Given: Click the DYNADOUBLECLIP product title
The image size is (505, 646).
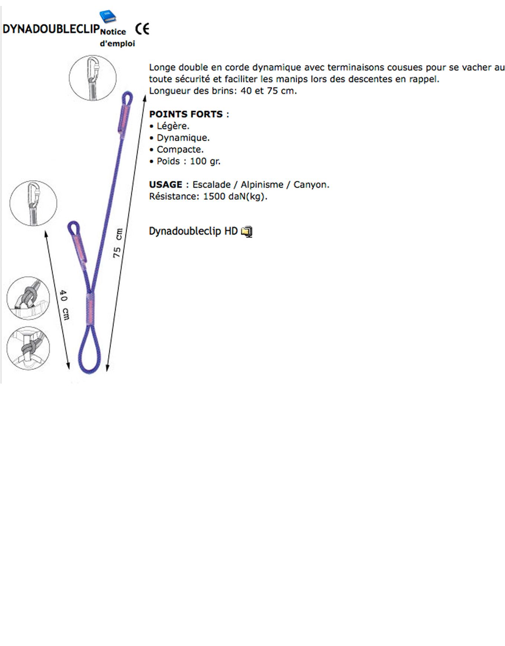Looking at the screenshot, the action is pyautogui.click(x=51, y=29).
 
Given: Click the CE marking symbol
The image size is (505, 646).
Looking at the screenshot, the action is pyautogui.click(x=142, y=29).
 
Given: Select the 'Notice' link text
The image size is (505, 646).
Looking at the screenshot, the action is pyautogui.click(x=113, y=32).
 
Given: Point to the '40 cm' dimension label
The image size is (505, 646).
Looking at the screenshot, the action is pyautogui.click(x=64, y=305).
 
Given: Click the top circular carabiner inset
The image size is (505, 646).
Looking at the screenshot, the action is pyautogui.click(x=93, y=78).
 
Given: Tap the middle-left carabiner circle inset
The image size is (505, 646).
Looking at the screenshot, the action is pyautogui.click(x=33, y=203).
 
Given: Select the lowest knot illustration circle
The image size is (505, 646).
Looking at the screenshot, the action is pyautogui.click(x=28, y=348).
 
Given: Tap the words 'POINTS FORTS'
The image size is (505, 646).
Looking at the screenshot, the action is pyautogui.click(x=186, y=114).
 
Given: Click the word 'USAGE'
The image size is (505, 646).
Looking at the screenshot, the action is pyautogui.click(x=166, y=185).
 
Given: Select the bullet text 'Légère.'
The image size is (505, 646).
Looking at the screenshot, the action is pyautogui.click(x=173, y=126).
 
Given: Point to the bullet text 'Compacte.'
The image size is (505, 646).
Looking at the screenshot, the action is pyautogui.click(x=180, y=150).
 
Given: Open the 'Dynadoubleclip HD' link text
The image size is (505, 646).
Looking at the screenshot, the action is pyautogui.click(x=193, y=231).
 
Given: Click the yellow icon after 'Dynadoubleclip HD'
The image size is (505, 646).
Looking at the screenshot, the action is pyautogui.click(x=247, y=232).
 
